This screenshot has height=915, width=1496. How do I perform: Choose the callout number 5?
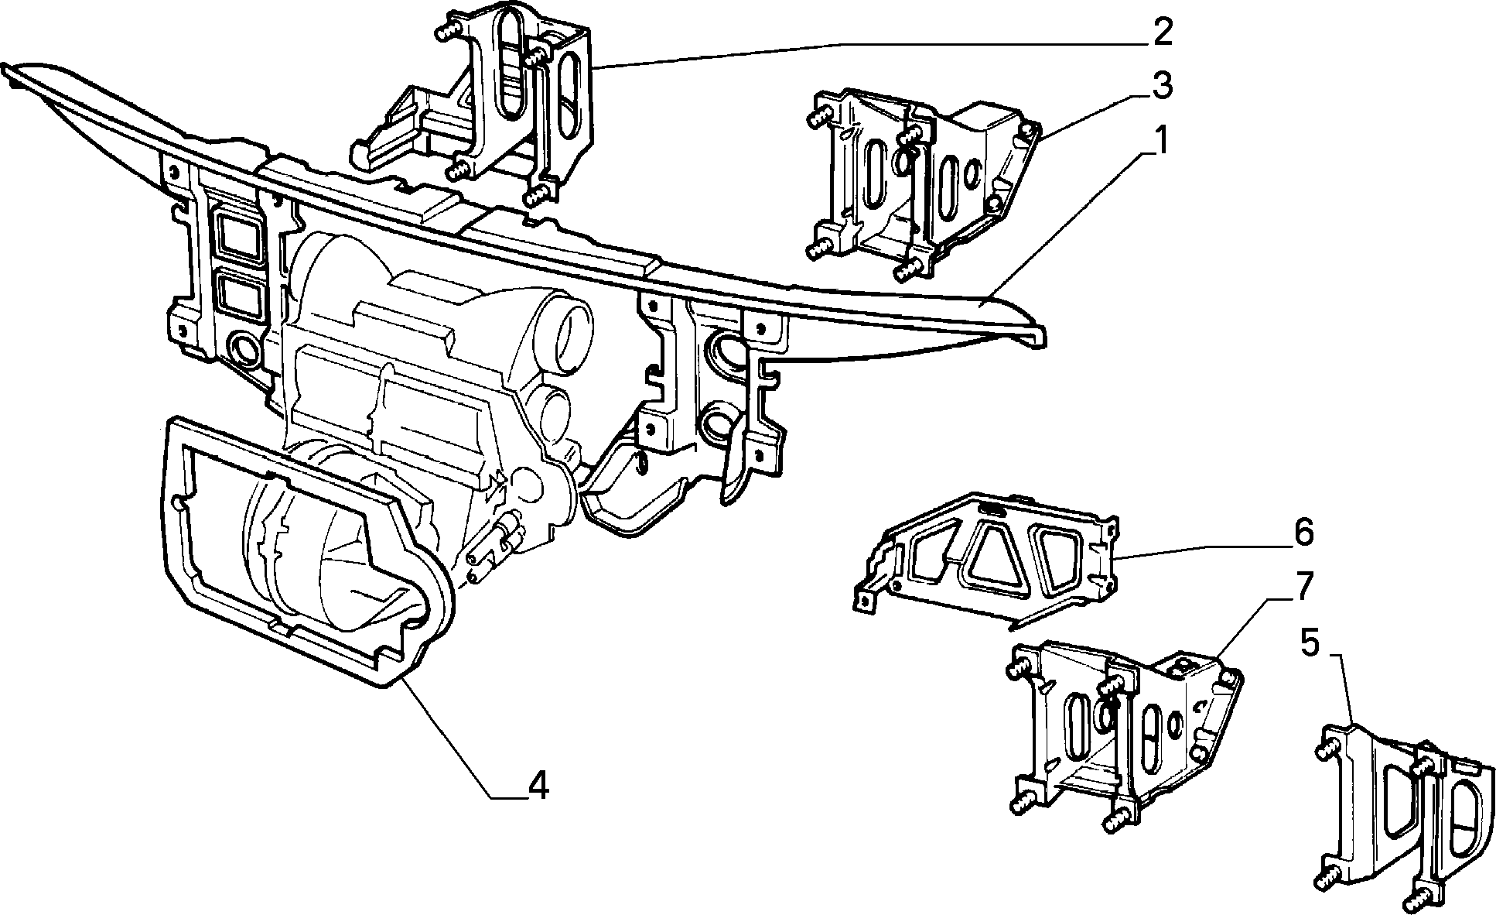(x=1310, y=643)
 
